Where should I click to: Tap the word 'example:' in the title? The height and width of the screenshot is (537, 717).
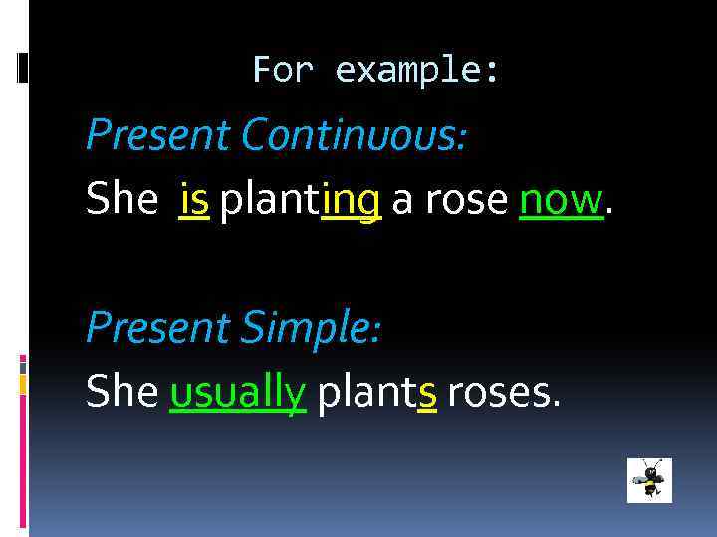click(419, 71)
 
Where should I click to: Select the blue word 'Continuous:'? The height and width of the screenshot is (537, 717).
click(354, 134)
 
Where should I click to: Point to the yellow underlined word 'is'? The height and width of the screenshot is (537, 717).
click(194, 200)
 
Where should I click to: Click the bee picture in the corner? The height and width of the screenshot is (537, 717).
click(650, 481)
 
